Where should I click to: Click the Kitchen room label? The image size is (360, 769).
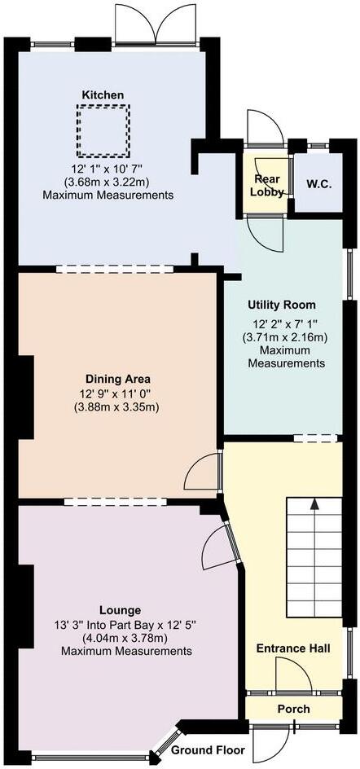coord(103,95)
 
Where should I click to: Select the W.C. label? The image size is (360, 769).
coord(318,184)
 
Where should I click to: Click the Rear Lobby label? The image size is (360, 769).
coord(267,186)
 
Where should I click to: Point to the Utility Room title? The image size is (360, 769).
coord(282,305)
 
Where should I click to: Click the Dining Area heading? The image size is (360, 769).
coord(119,379)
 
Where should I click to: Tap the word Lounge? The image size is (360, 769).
coord(120,609)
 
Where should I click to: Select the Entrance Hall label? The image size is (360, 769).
coord(293,648)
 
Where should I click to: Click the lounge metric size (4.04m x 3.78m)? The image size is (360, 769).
coord(120,638)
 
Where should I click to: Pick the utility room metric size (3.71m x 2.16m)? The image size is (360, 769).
coord(282,336)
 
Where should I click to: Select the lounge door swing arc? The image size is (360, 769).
coord(216,547)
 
